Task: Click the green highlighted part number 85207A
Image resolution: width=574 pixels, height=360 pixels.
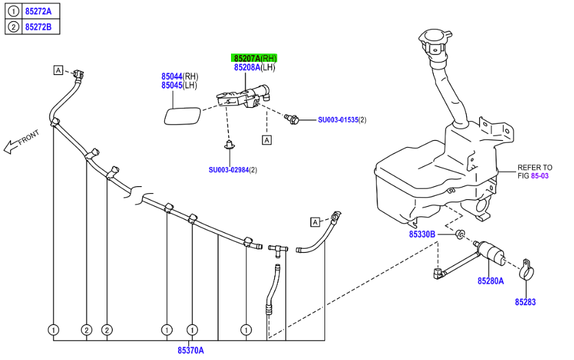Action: tap(247, 58)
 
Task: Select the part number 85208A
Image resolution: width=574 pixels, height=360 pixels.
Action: tap(247, 67)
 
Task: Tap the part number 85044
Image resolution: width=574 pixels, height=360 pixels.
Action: tap(172, 76)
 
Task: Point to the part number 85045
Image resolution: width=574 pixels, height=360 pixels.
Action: tap(172, 85)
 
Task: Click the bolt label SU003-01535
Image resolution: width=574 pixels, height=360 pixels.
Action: tap(338, 120)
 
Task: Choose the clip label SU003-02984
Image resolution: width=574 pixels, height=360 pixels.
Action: tap(228, 170)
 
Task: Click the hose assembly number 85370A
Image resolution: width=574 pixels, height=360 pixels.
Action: tap(190, 350)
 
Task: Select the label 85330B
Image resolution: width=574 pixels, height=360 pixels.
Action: tap(422, 234)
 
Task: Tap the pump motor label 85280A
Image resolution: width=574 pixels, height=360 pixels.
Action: tap(491, 281)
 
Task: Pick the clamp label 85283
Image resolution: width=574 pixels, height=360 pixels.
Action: tap(526, 302)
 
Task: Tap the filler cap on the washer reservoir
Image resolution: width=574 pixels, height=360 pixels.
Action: tap(436, 40)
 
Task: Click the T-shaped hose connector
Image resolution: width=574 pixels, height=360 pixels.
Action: tap(277, 249)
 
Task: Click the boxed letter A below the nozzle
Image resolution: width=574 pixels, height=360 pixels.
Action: tap(266, 139)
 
